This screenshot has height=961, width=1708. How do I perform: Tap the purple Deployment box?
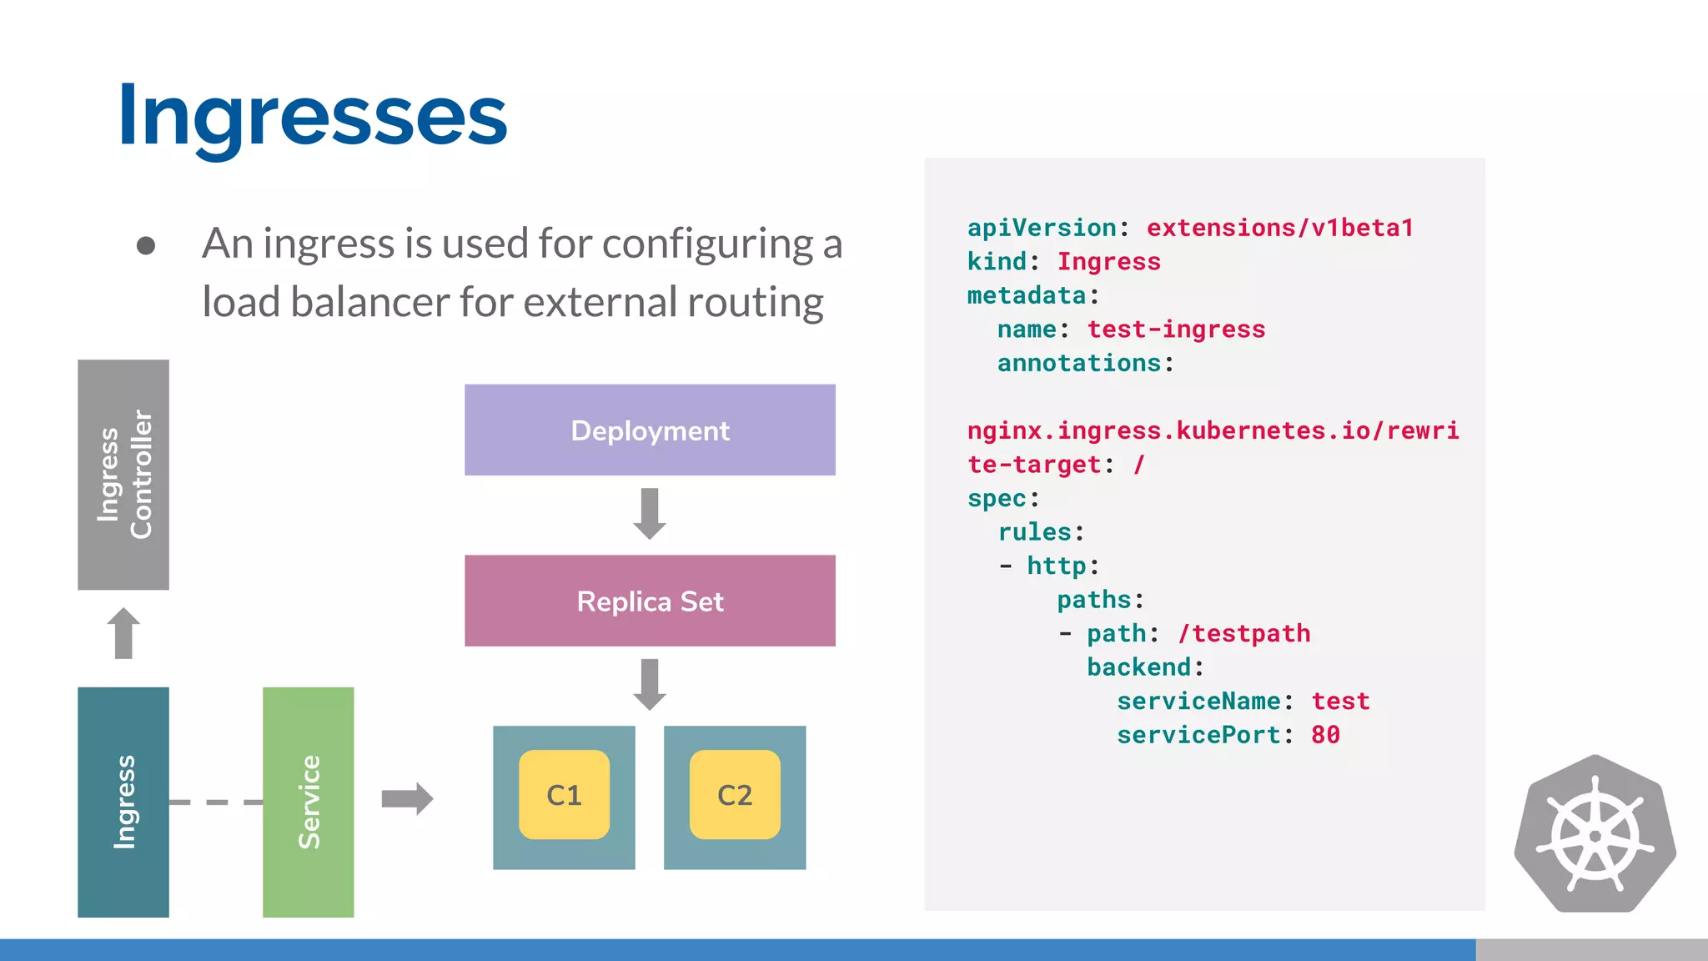click(650, 430)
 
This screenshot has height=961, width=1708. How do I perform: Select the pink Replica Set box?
click(650, 601)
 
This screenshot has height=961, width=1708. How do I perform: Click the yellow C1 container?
click(564, 795)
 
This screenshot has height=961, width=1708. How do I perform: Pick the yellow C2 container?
click(735, 795)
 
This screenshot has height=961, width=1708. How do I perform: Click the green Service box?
click(308, 802)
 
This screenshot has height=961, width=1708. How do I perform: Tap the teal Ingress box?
click(123, 802)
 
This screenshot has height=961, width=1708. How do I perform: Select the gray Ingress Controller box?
click(123, 475)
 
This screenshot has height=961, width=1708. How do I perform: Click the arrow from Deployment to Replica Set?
click(650, 514)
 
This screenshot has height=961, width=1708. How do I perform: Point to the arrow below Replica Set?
click(650, 684)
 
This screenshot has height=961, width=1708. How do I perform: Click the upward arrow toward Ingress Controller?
click(123, 633)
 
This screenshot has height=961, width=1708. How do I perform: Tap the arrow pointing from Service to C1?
click(407, 798)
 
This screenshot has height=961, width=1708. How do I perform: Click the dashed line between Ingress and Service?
click(215, 803)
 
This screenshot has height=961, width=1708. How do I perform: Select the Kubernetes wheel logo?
click(1595, 835)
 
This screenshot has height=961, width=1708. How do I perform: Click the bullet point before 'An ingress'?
click(146, 245)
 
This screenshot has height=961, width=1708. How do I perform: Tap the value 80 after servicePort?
click(1325, 735)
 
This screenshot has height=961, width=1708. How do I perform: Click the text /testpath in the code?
click(1244, 634)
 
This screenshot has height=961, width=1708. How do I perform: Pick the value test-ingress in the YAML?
click(1176, 330)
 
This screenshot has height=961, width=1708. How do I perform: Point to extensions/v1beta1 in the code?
click(1280, 228)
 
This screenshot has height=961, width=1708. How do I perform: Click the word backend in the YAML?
click(1139, 667)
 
